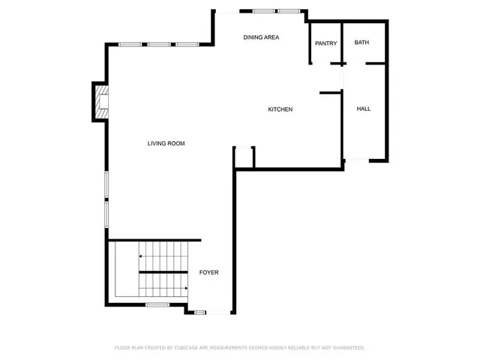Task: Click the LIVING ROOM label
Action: pyautogui.click(x=166, y=143)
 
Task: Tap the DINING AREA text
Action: pyautogui.click(x=262, y=37)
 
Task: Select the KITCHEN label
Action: pyautogui.click(x=280, y=110)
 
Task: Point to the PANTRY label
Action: pyautogui.click(x=326, y=43)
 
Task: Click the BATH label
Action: pyautogui.click(x=362, y=43)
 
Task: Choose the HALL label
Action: pyautogui.click(x=364, y=109)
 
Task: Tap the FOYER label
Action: pyautogui.click(x=208, y=272)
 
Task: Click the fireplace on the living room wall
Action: pyautogui.click(x=100, y=101)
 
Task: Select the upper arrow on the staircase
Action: pyautogui.click(x=140, y=256)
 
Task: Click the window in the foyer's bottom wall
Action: pyautogui.click(x=200, y=311)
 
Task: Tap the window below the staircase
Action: pyautogui.click(x=157, y=304)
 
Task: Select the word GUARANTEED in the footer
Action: pyautogui.click(x=346, y=348)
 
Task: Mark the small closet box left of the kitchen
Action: pyautogui.click(x=244, y=157)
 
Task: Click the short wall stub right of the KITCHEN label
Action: pyautogui.click(x=330, y=93)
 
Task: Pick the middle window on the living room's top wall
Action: pyautogui.click(x=158, y=45)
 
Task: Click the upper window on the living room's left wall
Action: pyautogui.click(x=106, y=184)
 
